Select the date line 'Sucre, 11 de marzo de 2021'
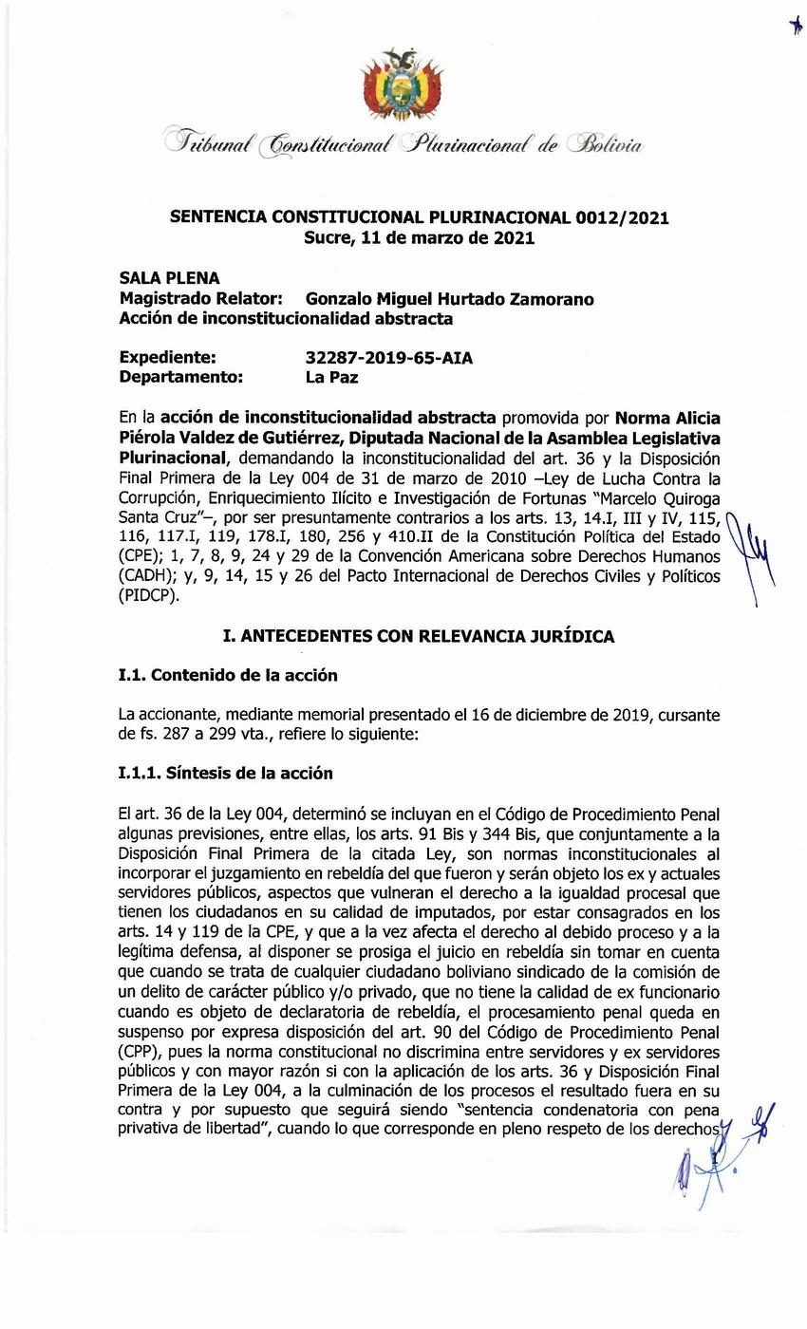point(419,237)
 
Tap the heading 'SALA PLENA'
point(169,278)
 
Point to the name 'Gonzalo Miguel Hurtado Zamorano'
point(449,299)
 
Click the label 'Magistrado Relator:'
point(200,299)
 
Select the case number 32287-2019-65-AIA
point(388,358)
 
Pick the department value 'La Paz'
point(331,377)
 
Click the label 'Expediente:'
point(167,358)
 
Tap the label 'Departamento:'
point(180,377)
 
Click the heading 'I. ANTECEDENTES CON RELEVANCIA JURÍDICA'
point(419,636)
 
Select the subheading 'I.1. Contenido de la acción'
point(228,676)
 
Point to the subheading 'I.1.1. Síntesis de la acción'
point(225,773)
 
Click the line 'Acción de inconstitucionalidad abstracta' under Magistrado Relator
point(286,319)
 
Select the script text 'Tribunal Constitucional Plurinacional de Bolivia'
point(403,144)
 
